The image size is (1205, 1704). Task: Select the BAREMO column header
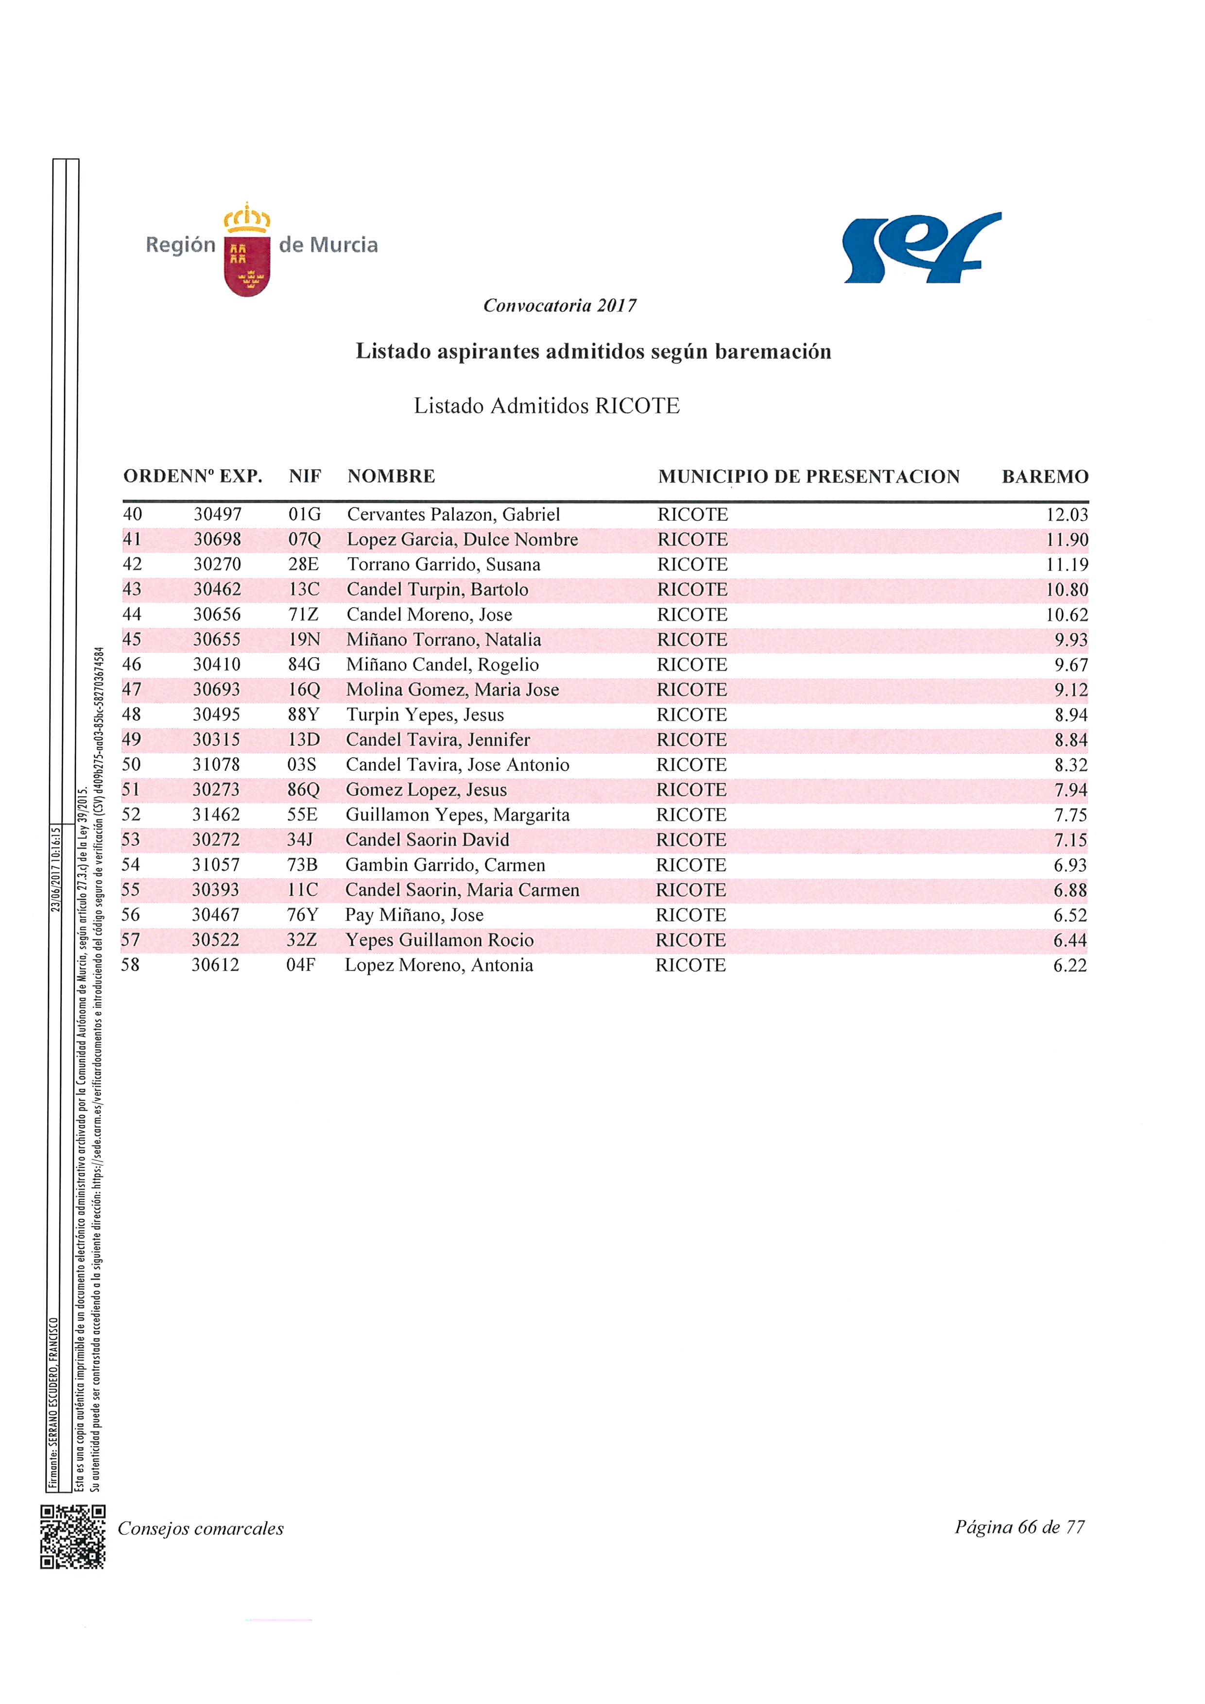click(x=1045, y=477)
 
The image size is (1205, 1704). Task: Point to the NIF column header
click(x=304, y=477)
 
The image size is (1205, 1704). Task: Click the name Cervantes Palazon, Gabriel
click(x=453, y=514)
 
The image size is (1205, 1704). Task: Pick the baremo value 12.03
click(x=1067, y=515)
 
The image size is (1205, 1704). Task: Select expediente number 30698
click(x=217, y=540)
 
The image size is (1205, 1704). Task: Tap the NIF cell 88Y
click(x=303, y=715)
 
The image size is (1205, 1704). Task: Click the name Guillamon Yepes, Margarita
click(x=457, y=815)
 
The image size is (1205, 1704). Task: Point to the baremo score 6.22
click(x=1069, y=966)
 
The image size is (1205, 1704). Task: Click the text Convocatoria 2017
click(x=560, y=306)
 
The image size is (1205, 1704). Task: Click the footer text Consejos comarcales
click(x=201, y=1529)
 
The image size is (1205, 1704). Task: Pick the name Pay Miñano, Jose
click(x=414, y=915)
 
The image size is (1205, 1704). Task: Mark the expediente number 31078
click(x=217, y=765)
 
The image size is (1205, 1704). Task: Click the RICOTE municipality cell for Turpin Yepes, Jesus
click(x=692, y=715)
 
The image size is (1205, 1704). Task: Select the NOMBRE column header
click(x=391, y=477)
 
